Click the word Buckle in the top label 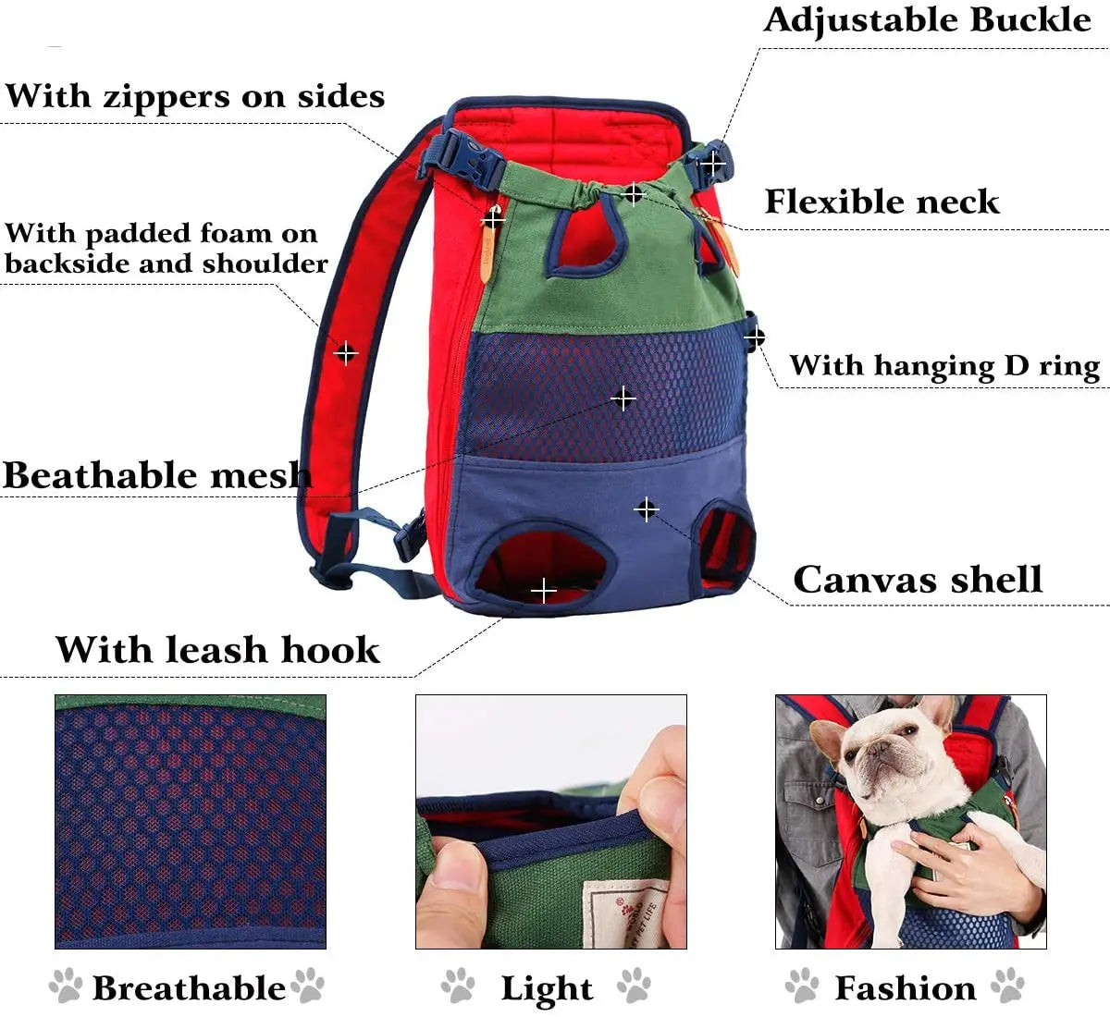coord(1030,20)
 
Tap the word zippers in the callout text coord(166,97)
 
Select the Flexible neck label coord(882,202)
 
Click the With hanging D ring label coord(944,366)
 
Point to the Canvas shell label coord(918,580)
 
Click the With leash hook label coord(217,649)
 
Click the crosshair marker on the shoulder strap coord(346,353)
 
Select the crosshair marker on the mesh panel coord(623,398)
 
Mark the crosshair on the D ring coord(754,337)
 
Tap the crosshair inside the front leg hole coord(544,591)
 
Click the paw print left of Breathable coord(66,986)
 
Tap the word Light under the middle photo coord(547,988)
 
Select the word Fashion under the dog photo coord(906,987)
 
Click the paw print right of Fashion coord(1008,986)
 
